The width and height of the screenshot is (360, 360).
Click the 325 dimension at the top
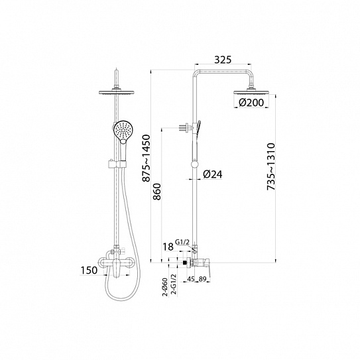click(223, 60)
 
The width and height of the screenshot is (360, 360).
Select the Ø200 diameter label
click(251, 102)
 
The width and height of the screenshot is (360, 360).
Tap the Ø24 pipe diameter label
click(213, 174)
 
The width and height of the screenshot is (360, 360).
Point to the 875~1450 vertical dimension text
click(146, 158)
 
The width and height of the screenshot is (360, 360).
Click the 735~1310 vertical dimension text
click(271, 166)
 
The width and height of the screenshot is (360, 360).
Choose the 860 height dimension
click(157, 192)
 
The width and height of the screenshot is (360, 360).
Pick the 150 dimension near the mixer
click(89, 270)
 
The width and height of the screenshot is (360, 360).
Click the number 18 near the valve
click(168, 247)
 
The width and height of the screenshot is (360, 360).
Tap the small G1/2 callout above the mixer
click(182, 242)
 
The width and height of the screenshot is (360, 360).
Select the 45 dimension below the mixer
click(191, 279)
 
